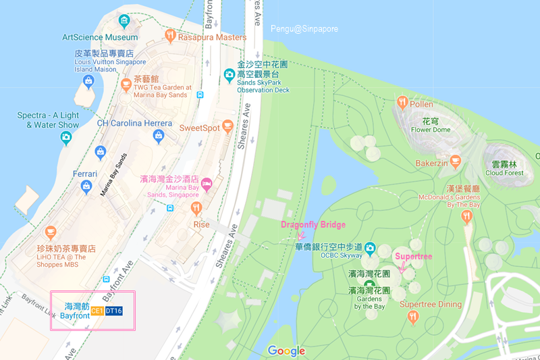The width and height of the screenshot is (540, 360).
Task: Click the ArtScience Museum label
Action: (x=100, y=37)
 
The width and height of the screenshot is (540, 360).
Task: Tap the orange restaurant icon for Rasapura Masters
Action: (x=170, y=36)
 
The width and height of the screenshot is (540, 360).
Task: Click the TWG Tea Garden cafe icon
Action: (x=126, y=84)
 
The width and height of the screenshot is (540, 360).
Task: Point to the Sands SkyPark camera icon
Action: (x=230, y=74)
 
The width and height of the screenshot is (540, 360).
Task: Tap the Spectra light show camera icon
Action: (x=66, y=138)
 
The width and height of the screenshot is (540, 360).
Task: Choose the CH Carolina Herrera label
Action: (x=136, y=123)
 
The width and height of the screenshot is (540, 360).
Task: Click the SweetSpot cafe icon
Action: (x=227, y=126)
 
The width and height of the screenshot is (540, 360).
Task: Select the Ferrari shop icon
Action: (x=86, y=186)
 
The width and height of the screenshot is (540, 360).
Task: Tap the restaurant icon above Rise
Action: (x=196, y=207)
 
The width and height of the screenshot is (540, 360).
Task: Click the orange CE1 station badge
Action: (x=97, y=311)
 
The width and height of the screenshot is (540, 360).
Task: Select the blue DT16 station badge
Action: (x=114, y=311)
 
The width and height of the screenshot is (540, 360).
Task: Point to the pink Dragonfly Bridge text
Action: (x=313, y=225)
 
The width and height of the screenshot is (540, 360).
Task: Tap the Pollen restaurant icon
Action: (x=402, y=103)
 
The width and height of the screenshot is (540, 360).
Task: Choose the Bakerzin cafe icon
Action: (x=456, y=162)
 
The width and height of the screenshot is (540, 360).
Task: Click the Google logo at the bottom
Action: (x=286, y=351)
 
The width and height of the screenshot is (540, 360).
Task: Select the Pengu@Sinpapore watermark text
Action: (x=304, y=29)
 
